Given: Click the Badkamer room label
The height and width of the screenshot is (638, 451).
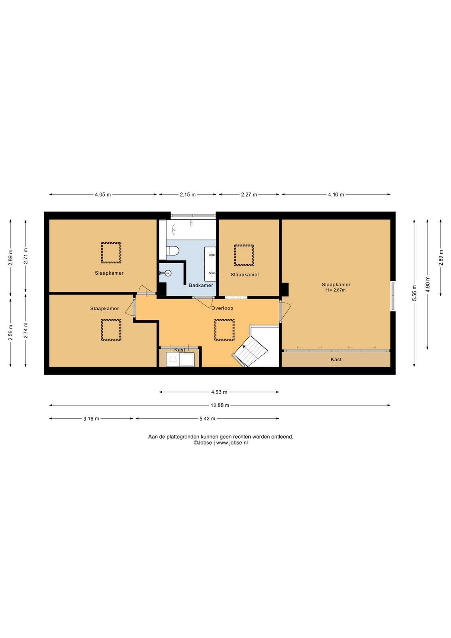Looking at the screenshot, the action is point(201,285).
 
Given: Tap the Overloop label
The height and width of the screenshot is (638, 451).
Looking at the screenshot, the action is point(222,308).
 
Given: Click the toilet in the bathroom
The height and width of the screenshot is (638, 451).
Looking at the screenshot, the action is point(173,251).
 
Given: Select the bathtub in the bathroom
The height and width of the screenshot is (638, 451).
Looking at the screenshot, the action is point(191,229).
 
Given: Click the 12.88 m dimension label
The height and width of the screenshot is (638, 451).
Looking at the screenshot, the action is point(220,405).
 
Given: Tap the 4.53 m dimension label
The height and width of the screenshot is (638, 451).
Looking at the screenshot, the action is point(219,392).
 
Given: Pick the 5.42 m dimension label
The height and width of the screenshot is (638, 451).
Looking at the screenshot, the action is point(207,418).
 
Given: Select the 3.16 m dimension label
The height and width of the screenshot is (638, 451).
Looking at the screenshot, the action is point(91,418).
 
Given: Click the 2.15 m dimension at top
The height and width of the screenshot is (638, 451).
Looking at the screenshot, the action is point(188,195).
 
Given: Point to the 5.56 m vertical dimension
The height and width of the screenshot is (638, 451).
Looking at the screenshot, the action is point(414,293).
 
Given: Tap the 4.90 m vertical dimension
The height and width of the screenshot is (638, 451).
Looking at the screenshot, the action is point(427,284).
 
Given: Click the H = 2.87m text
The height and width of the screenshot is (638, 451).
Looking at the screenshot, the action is point(336,290).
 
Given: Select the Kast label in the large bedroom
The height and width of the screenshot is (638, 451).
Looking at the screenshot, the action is point(336,359).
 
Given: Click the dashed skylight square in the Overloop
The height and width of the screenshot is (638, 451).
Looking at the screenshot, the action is point(225,330).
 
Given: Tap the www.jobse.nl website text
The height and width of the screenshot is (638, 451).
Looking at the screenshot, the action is point(232,443).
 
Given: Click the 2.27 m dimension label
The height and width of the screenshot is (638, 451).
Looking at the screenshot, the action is point(249,195).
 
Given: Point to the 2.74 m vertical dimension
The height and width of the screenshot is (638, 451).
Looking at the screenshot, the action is point(25,331).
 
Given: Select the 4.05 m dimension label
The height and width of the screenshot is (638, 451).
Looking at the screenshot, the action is point(103,195).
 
